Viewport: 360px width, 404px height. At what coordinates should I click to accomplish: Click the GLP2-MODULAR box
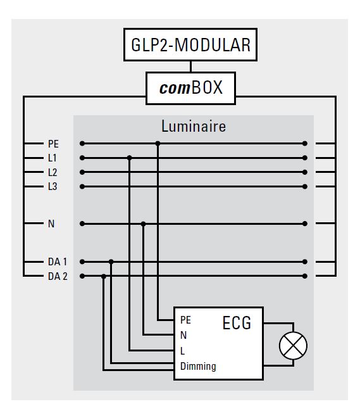(x=190, y=44)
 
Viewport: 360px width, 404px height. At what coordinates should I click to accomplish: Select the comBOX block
(x=190, y=88)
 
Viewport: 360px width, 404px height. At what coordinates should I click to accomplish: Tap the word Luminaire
(x=194, y=126)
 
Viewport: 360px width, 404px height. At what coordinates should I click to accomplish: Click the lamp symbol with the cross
(x=293, y=346)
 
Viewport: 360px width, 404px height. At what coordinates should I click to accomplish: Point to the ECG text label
(x=237, y=323)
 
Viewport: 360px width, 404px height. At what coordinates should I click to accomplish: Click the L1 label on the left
(x=53, y=158)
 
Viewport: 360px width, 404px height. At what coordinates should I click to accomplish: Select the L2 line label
(x=53, y=172)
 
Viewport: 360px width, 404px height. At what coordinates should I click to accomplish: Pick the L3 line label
(x=53, y=186)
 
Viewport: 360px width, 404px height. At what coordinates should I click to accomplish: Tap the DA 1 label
(x=58, y=262)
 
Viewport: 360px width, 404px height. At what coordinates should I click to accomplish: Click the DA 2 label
(x=58, y=276)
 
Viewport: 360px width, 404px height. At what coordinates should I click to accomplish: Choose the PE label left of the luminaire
(x=53, y=144)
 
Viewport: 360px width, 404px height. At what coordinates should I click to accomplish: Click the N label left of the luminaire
(x=51, y=224)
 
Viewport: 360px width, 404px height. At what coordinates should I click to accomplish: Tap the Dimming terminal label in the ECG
(x=198, y=366)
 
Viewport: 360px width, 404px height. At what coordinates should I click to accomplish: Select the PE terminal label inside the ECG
(x=185, y=320)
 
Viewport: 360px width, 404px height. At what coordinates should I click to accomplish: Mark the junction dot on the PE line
(x=158, y=144)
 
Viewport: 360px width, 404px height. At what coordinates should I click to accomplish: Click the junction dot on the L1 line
(x=130, y=158)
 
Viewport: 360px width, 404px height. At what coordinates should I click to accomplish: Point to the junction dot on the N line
(x=144, y=224)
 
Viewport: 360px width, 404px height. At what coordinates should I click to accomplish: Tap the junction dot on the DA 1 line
(x=111, y=262)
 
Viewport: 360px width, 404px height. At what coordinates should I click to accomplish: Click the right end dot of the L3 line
(x=305, y=186)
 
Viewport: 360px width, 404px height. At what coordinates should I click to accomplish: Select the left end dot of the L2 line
(x=82, y=172)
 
